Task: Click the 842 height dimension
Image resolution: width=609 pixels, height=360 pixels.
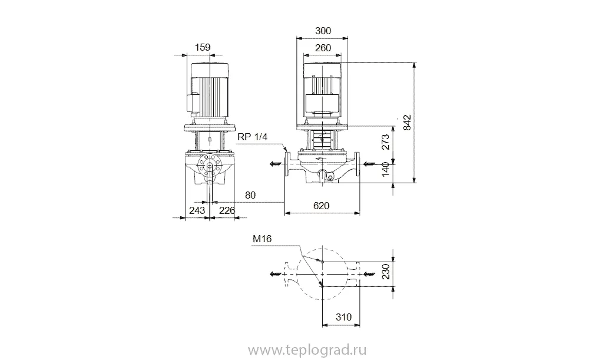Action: click(407, 123)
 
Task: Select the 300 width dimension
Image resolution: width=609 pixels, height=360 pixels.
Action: click(323, 31)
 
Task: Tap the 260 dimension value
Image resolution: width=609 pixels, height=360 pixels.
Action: click(323, 48)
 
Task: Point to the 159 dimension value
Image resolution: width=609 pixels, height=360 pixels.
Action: click(203, 47)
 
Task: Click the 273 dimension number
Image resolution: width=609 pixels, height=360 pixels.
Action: click(385, 142)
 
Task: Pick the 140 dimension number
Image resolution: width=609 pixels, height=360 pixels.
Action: click(385, 169)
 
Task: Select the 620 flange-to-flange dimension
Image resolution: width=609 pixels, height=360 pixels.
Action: click(321, 206)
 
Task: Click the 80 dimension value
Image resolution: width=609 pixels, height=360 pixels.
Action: click(250, 195)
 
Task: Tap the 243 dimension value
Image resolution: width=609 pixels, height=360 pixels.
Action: click(197, 210)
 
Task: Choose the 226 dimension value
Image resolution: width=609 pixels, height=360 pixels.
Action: click(227, 210)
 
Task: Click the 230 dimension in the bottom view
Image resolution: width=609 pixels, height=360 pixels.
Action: click(385, 272)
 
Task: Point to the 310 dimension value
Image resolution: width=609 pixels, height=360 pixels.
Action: click(343, 317)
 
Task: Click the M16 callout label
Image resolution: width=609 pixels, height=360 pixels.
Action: click(262, 239)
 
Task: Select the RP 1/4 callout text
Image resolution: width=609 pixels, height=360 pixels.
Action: click(253, 137)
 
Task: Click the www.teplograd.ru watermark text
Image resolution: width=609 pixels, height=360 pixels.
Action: click(307, 351)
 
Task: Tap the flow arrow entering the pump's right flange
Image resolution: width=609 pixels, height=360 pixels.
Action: click(370, 164)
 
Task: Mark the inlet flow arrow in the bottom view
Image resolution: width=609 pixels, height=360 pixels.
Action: click(370, 274)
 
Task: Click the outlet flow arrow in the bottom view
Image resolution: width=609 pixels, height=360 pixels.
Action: click(276, 274)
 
